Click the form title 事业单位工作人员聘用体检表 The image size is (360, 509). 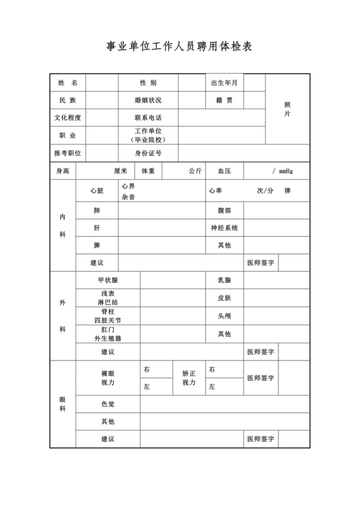click(x=179, y=47)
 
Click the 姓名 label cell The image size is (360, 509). click(x=67, y=83)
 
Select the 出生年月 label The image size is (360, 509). click(x=224, y=83)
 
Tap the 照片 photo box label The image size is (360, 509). click(x=287, y=109)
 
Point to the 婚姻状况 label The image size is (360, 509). click(x=148, y=100)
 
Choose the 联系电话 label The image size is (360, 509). click(x=148, y=118)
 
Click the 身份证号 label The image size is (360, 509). click(x=148, y=153)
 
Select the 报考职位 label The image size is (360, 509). click(x=67, y=153)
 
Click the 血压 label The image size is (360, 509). click(x=224, y=171)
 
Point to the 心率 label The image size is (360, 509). click(x=215, y=191)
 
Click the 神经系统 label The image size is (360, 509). click(x=224, y=228)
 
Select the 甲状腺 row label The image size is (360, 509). click(x=108, y=280)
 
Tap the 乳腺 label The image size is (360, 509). click(x=224, y=280)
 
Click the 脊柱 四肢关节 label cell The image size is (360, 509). click(x=108, y=316)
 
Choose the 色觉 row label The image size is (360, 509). click(x=108, y=404)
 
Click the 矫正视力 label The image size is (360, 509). click(x=189, y=378)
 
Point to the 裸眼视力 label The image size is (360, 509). click(x=108, y=378)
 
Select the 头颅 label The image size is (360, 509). click(x=224, y=316)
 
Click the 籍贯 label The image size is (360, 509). click(x=224, y=100)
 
